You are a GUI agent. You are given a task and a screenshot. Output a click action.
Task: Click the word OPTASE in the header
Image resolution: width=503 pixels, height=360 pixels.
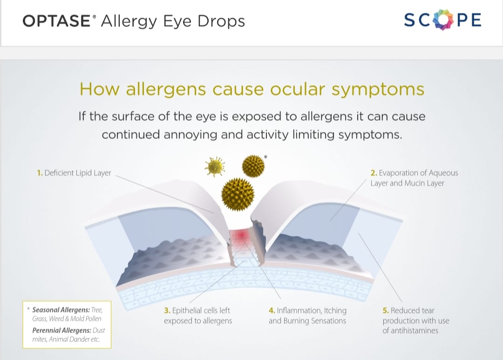pyautogui.click(x=57, y=21)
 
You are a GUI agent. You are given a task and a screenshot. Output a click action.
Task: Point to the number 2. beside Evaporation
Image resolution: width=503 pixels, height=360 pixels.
pyautogui.click(x=374, y=173)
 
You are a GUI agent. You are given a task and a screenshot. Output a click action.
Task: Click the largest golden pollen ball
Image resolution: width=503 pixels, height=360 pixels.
pyautogui.click(x=238, y=194)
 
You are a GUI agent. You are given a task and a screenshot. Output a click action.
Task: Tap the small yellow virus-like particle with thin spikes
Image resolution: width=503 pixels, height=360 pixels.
pyautogui.click(x=215, y=167)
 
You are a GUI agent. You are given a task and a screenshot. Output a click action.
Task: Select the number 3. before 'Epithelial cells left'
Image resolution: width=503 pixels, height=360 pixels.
pyautogui.click(x=167, y=311)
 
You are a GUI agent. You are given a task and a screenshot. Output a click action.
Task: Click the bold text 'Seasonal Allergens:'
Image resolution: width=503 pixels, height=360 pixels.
pyautogui.click(x=61, y=310)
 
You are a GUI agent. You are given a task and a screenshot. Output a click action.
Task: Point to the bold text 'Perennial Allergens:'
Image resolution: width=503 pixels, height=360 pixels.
pyautogui.click(x=61, y=331)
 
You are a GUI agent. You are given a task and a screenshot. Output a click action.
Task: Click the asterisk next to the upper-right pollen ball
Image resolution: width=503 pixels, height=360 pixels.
pyautogui.click(x=265, y=157)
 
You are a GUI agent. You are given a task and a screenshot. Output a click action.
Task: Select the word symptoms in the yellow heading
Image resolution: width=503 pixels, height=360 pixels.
pyautogui.click(x=378, y=90)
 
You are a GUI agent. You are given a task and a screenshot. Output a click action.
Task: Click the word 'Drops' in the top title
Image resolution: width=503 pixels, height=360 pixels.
pyautogui.click(x=221, y=22)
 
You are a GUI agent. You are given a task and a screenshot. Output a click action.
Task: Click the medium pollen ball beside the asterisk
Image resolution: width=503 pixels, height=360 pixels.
pyautogui.click(x=253, y=166)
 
